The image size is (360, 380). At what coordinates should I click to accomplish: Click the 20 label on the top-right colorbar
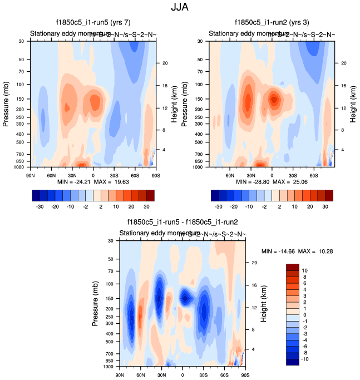pyautogui.click(x=314, y=205)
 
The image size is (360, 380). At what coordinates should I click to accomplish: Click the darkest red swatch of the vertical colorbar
pyautogui.click(x=293, y=268)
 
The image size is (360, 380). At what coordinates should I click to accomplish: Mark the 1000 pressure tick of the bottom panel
pyautogui.click(x=109, y=367)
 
